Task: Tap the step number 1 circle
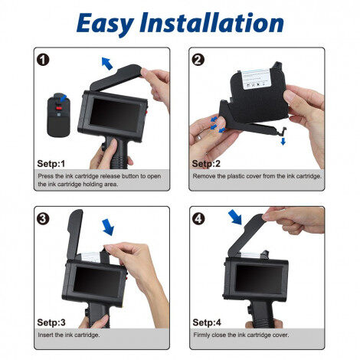tap(44, 60)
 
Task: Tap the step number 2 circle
tap(198, 60)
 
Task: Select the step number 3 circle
tap(44, 218)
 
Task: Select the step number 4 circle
tap(198, 218)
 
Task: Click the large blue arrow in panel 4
tap(235, 219)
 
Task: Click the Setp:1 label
tap(52, 163)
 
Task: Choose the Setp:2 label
tap(206, 163)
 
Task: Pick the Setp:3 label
tap(52, 322)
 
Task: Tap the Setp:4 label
tap(206, 322)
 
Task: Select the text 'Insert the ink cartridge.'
tap(68, 335)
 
